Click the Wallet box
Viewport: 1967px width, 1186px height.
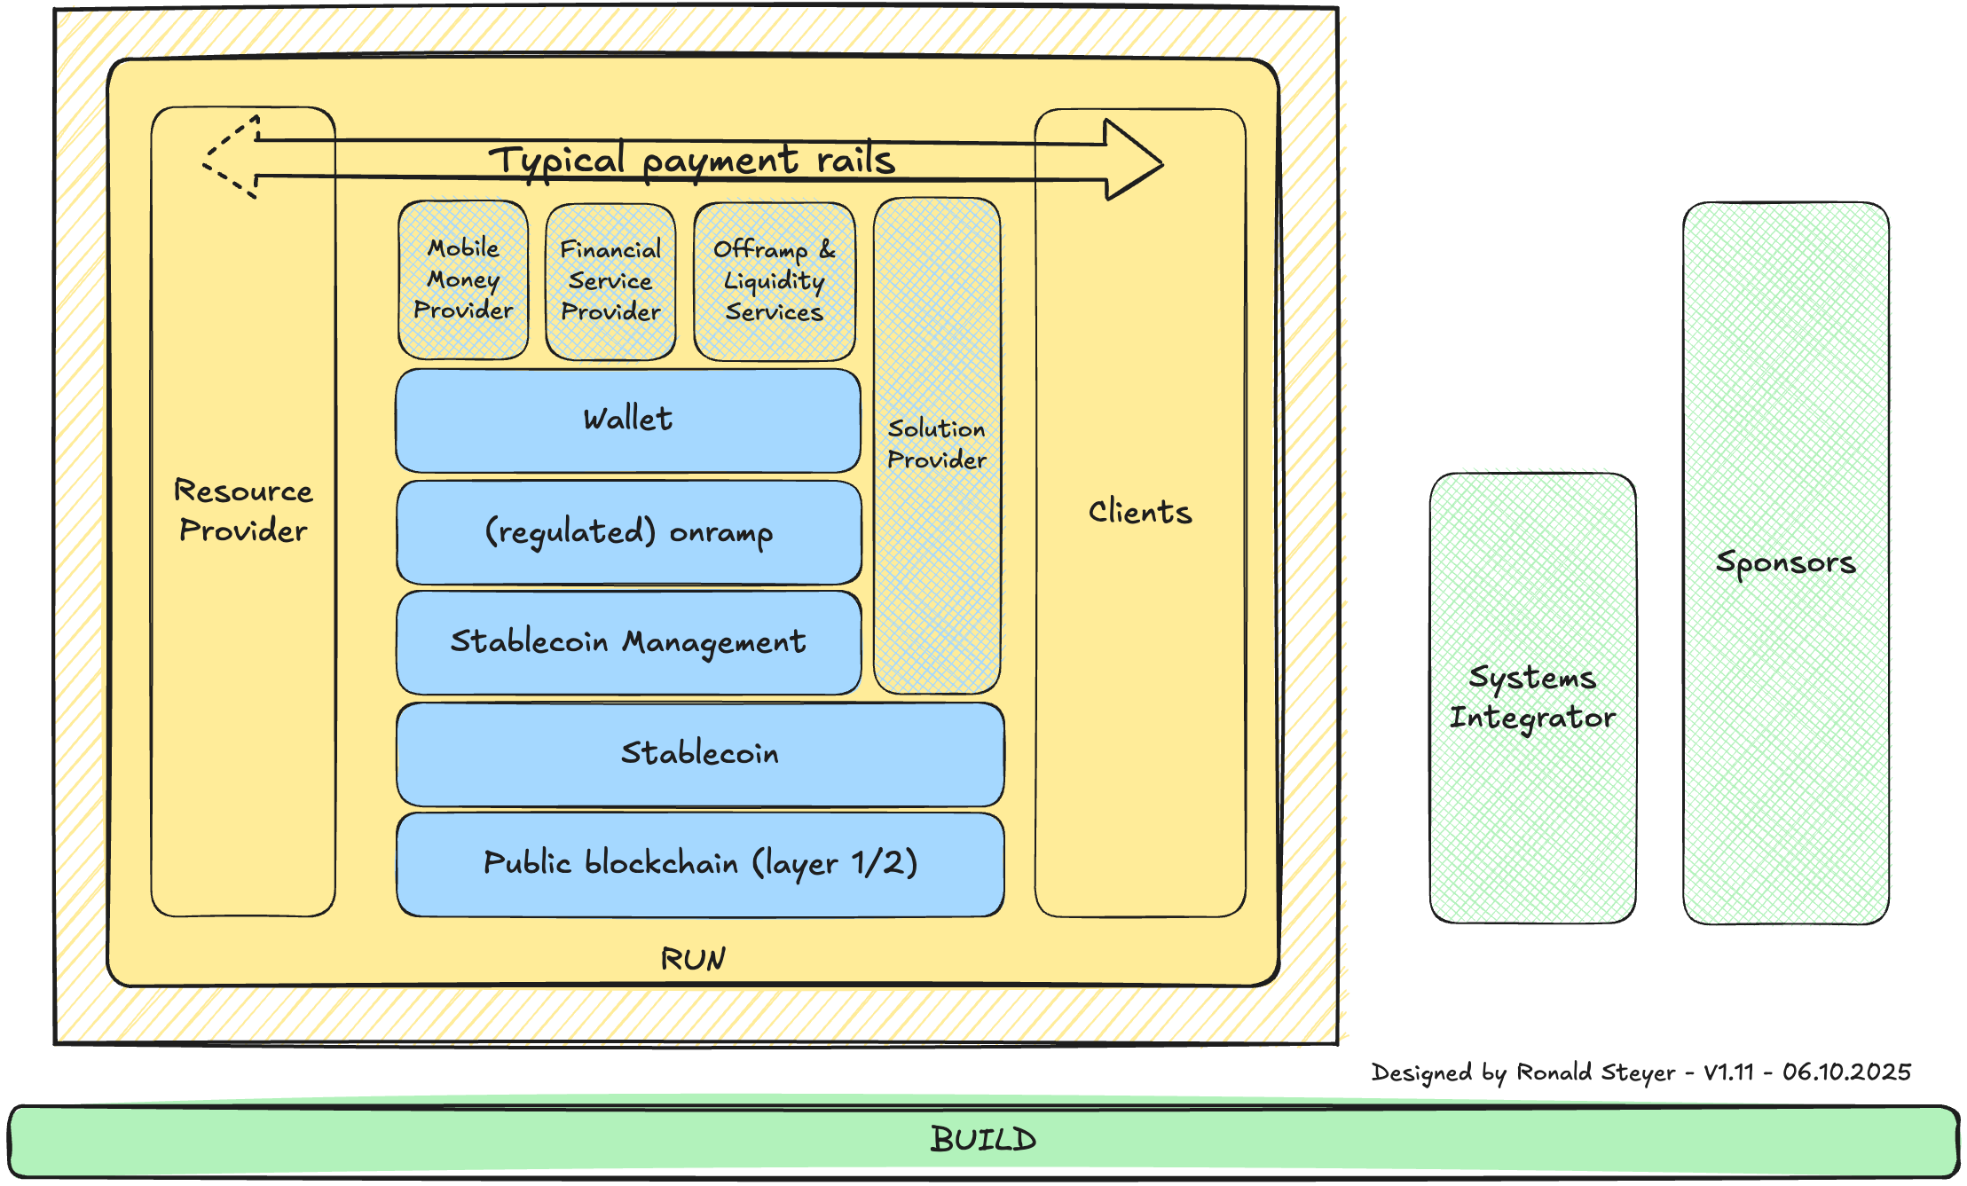coord(628,420)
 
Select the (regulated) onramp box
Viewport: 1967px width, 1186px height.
coord(629,532)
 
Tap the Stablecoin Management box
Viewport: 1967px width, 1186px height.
coord(629,642)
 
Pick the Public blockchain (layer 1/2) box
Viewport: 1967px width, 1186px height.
coord(700,864)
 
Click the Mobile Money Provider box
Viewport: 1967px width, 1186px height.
coord(463,279)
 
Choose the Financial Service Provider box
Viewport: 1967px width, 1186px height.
coord(610,281)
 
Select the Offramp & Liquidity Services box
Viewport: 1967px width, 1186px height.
coord(775,281)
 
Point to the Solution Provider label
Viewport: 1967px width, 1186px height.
coord(937,444)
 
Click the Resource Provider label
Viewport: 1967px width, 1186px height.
coord(243,511)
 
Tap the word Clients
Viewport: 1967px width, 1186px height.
coord(1140,513)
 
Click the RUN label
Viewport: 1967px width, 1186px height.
coord(693,959)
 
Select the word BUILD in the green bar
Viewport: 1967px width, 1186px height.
coord(983,1140)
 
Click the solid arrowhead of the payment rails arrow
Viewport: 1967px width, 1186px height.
coord(1136,161)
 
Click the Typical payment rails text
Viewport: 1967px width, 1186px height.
coord(692,161)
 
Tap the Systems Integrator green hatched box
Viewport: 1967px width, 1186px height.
coord(1533,697)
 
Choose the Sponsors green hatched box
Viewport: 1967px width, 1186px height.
coord(1786,562)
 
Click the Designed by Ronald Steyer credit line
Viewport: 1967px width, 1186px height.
coord(1640,1072)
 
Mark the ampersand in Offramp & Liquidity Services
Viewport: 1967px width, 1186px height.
coord(827,249)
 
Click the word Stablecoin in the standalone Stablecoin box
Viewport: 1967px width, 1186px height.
coord(700,753)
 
